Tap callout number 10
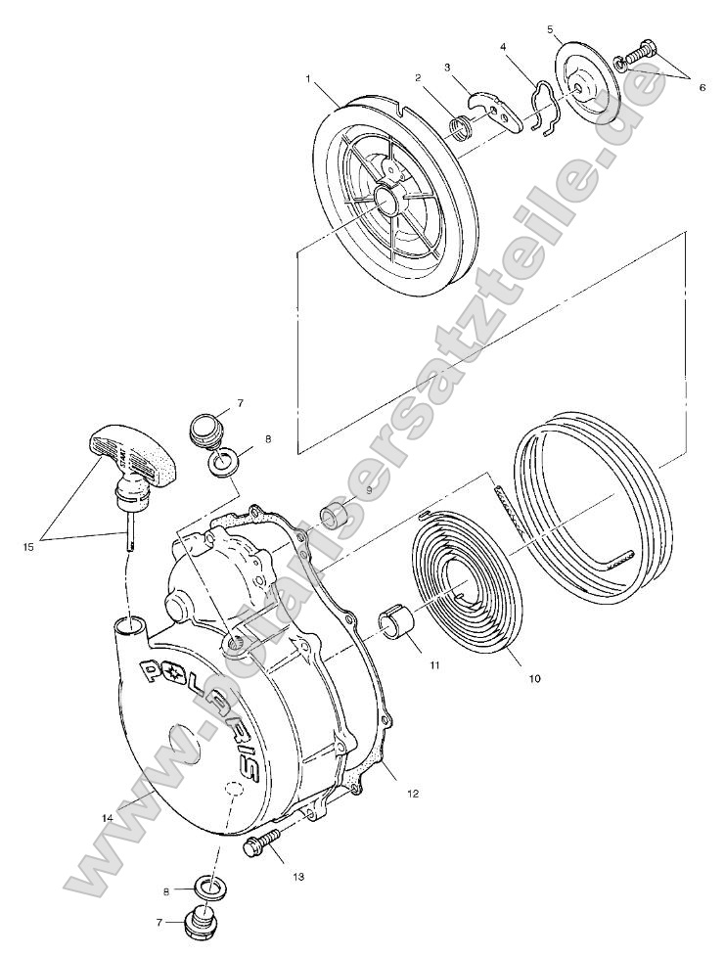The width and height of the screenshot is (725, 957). point(534,676)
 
